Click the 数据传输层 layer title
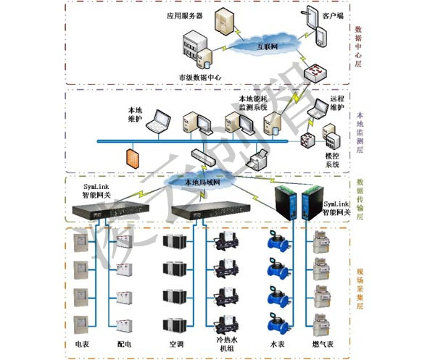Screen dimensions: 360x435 [x=360, y=199]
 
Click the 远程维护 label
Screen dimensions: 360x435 [x=337, y=102]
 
